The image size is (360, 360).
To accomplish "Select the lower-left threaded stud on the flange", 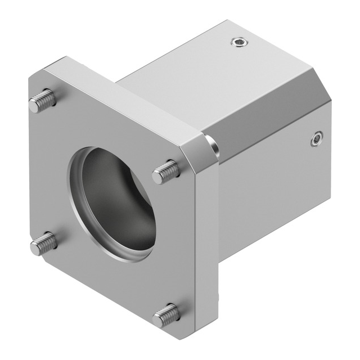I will click(x=43, y=244).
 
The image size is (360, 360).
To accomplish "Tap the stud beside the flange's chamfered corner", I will click(x=166, y=172).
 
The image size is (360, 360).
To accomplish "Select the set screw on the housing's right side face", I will click(x=317, y=138).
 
